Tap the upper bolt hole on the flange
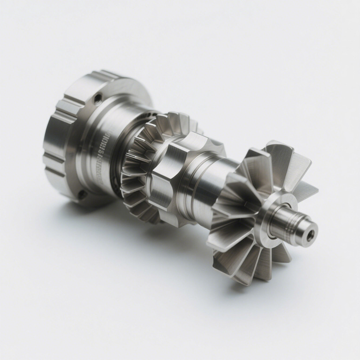tap(98, 96)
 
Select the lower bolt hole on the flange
tap(82, 194)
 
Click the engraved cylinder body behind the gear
tap(112, 148)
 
